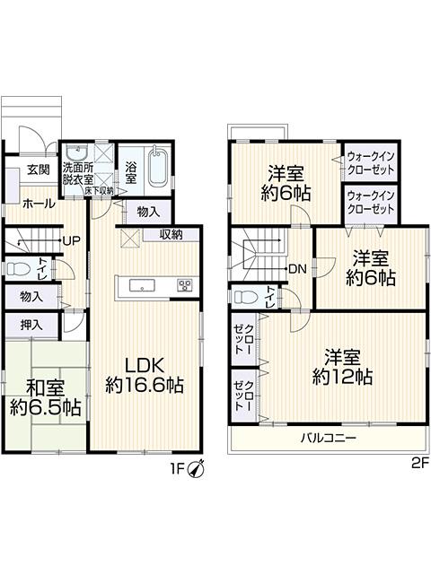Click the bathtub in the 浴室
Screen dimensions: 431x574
click(158, 167)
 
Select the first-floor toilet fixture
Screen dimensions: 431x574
click(18, 269)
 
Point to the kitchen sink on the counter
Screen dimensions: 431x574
click(143, 285)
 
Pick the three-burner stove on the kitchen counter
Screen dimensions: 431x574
click(185, 285)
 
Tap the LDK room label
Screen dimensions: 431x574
click(144, 365)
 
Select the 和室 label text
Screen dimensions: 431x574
click(47, 388)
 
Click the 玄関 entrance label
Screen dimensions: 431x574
click(39, 170)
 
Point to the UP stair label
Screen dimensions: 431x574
click(72, 241)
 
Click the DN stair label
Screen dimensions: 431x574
click(297, 269)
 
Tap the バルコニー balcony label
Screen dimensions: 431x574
click(329, 438)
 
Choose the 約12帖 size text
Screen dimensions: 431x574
click(343, 377)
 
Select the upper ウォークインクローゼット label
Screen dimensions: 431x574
click(371, 163)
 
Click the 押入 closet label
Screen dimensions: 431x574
click(31, 325)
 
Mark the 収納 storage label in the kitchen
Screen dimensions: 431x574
click(171, 235)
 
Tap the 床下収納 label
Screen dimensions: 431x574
click(100, 191)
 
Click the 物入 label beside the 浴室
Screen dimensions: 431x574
click(148, 212)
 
